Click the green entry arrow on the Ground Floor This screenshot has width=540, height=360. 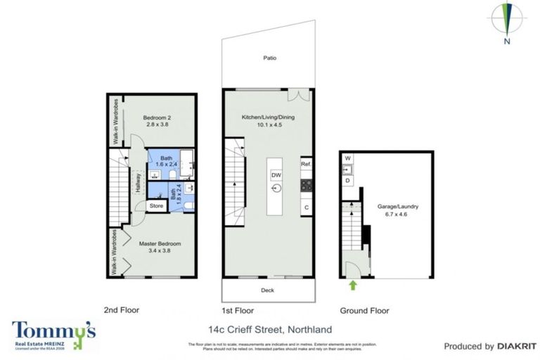point(352,285)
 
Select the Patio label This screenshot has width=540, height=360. point(269,58)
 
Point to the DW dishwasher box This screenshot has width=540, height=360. point(276,174)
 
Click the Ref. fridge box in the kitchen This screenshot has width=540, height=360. point(306,164)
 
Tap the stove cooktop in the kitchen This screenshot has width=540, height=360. point(306,186)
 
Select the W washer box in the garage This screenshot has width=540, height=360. point(347,158)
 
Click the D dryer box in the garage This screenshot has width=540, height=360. point(347,181)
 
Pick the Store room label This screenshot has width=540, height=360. point(157,206)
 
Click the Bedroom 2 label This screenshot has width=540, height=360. point(158,117)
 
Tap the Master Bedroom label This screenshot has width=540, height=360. point(160,244)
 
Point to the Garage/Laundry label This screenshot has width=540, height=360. point(398,206)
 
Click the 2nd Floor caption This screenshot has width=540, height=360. point(122,310)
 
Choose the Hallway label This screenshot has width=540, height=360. point(139,183)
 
